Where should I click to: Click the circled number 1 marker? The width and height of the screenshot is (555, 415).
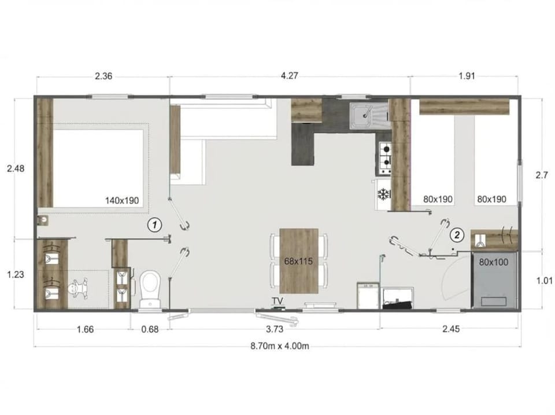pyautogui.click(x=154, y=225)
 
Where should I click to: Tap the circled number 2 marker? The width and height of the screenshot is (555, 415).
pyautogui.click(x=457, y=234)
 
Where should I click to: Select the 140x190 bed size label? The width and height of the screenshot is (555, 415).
pyautogui.click(x=122, y=201)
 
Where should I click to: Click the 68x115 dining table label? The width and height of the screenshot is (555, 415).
pyautogui.click(x=298, y=261)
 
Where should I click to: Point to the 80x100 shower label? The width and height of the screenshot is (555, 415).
pyautogui.click(x=493, y=262)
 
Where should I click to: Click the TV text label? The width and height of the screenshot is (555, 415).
pyautogui.click(x=277, y=301)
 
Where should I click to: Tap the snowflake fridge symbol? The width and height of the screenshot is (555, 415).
pyautogui.click(x=383, y=194)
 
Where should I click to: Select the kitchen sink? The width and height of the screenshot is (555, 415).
pyautogui.click(x=369, y=116)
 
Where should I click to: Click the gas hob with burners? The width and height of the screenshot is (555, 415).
pyautogui.click(x=385, y=157)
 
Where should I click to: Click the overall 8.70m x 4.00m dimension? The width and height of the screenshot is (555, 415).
pyautogui.click(x=280, y=346)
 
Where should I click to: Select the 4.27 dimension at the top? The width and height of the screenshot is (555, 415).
pyautogui.click(x=289, y=75)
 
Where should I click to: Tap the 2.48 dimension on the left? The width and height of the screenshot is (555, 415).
pyautogui.click(x=16, y=168)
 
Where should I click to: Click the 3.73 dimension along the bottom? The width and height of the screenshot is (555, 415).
pyautogui.click(x=275, y=329)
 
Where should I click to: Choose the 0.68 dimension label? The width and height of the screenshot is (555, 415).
pyautogui.click(x=150, y=329)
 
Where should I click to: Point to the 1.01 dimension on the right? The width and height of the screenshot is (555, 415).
pyautogui.click(x=545, y=281)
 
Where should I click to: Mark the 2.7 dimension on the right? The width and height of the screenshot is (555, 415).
pyautogui.click(x=542, y=175)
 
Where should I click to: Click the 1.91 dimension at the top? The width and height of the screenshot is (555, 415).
pyautogui.click(x=467, y=76)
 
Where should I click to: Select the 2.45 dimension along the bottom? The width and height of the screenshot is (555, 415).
pyautogui.click(x=451, y=329)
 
